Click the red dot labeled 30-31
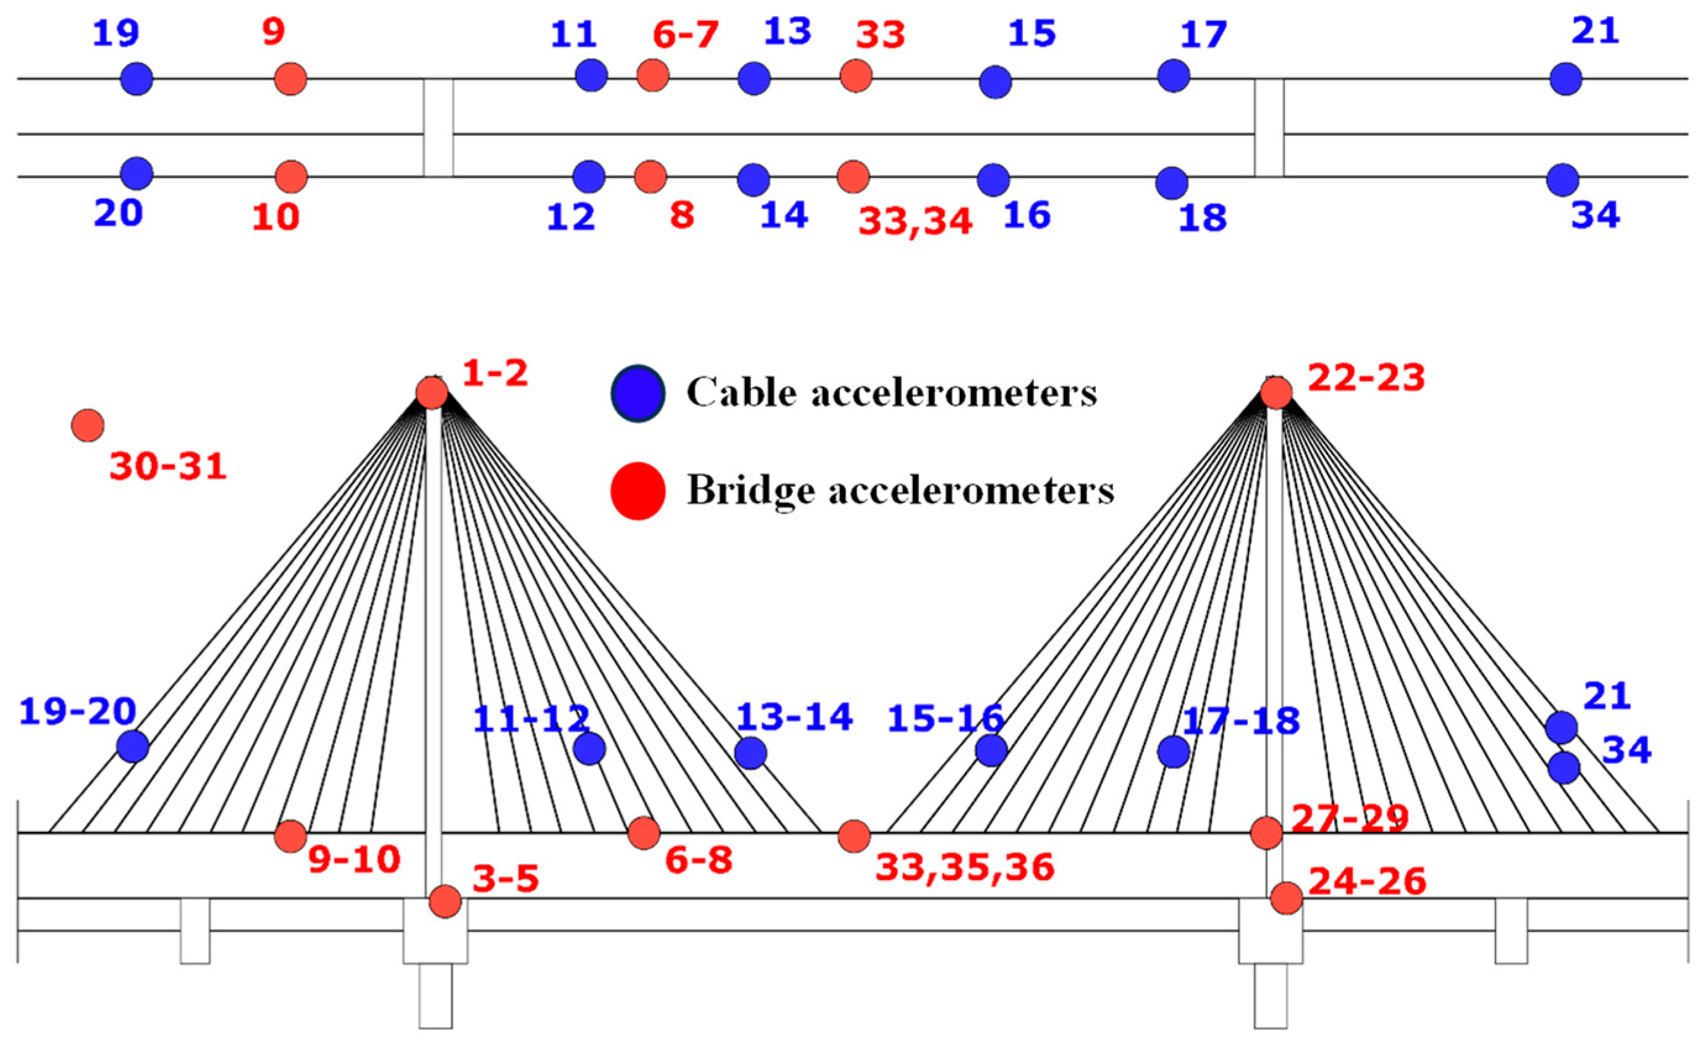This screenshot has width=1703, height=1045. point(88,425)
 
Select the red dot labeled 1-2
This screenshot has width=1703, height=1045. point(432,393)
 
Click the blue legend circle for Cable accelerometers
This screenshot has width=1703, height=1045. point(638,393)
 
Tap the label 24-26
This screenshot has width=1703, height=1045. point(1367,882)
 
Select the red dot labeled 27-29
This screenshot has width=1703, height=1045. point(1267,832)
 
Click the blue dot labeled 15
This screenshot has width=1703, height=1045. point(995,82)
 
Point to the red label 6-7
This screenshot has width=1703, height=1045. point(686,35)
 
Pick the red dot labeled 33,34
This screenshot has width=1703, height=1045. point(854,177)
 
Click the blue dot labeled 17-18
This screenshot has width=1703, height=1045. point(1174,751)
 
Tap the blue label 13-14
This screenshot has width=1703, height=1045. point(794,717)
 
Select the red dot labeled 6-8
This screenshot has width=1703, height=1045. point(644,832)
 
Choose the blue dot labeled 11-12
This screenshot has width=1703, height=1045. point(589,748)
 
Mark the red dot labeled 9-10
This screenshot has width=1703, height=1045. point(290,836)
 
